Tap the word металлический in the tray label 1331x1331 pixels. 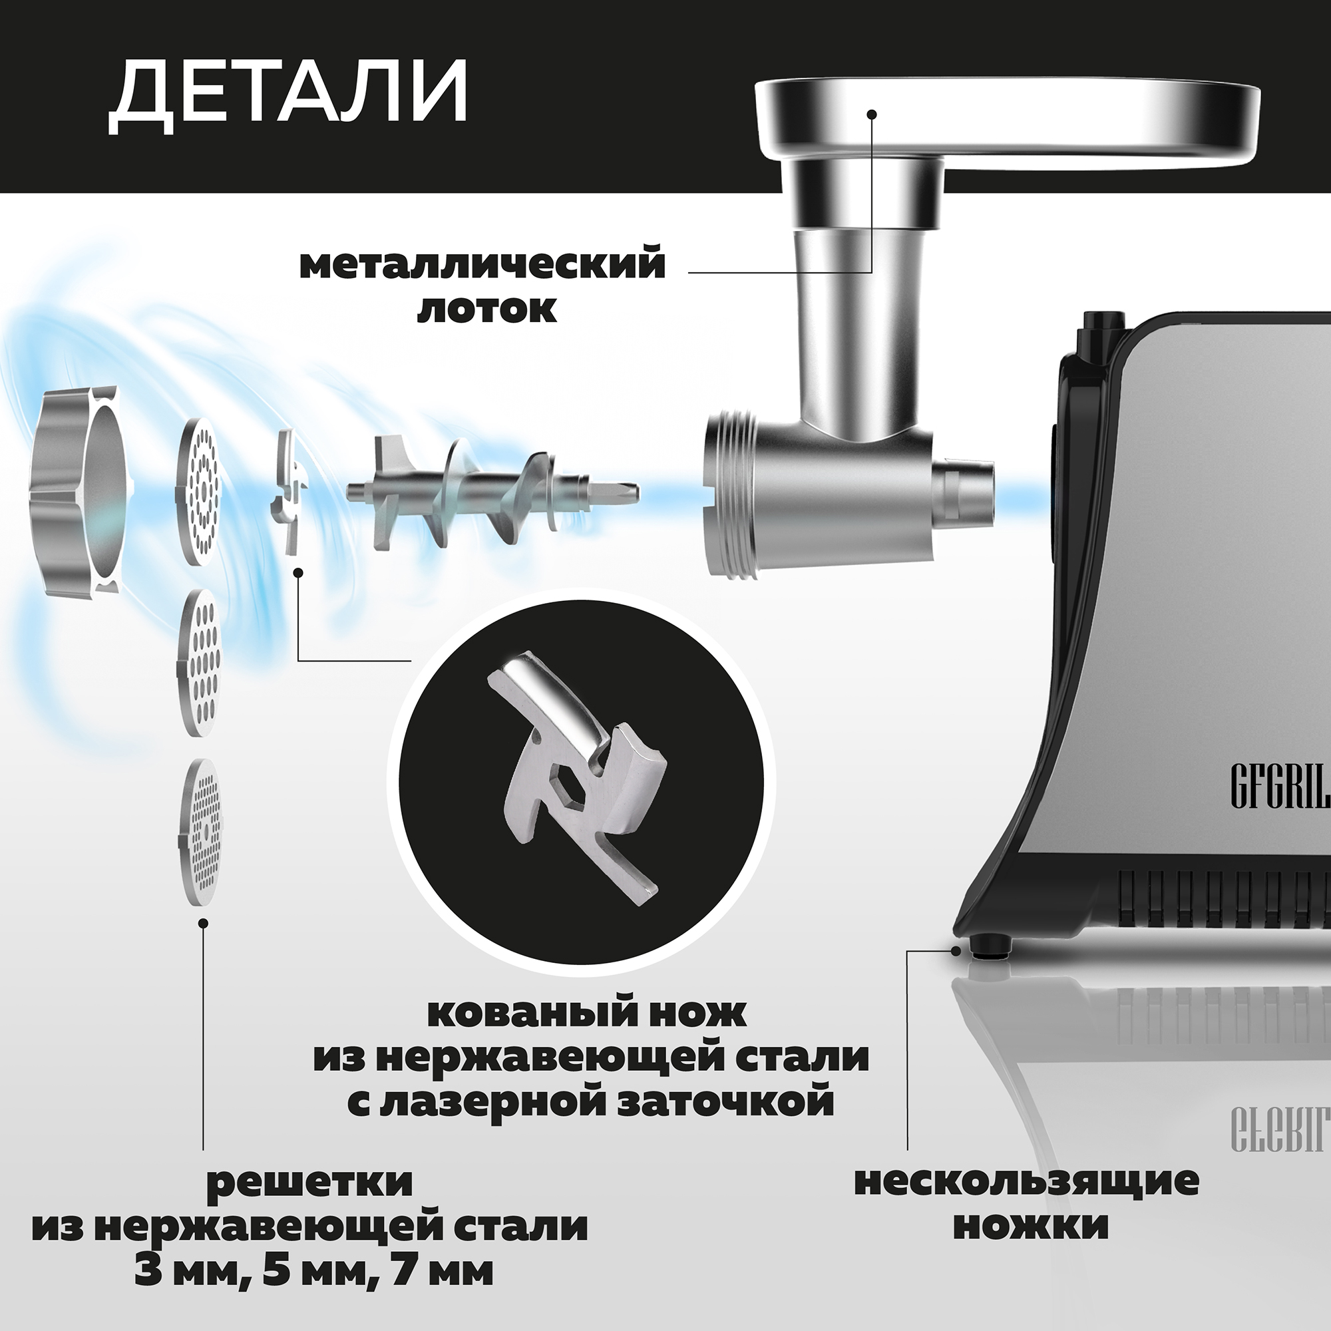pyautogui.click(x=482, y=266)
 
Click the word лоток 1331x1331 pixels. pyautogui.click(x=486, y=310)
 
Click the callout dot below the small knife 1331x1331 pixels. pyautogui.click(x=297, y=572)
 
